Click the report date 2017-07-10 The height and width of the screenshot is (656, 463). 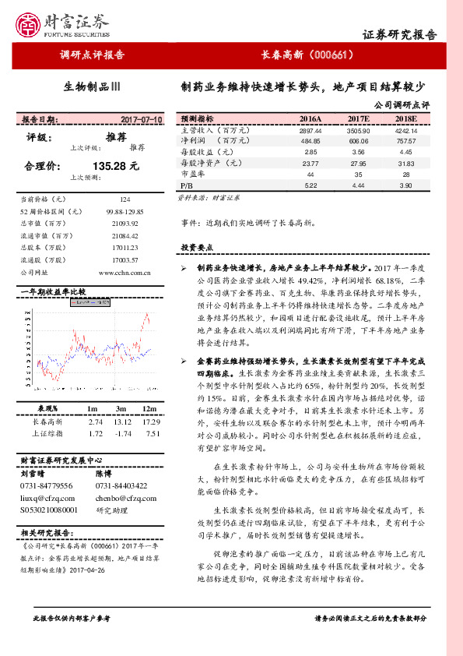[x=142, y=120]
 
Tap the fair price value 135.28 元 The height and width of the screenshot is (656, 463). [x=115, y=166]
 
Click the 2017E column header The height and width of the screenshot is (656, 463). [x=360, y=118]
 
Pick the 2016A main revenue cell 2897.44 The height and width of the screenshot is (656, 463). [x=310, y=131]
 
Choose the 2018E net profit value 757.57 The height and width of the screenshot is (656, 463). [x=407, y=142]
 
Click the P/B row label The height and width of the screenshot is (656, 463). [x=186, y=186]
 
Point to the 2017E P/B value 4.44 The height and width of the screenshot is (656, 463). [x=359, y=186]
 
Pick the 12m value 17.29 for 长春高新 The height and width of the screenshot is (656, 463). [x=153, y=421]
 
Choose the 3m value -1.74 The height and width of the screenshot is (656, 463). [x=121, y=432]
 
